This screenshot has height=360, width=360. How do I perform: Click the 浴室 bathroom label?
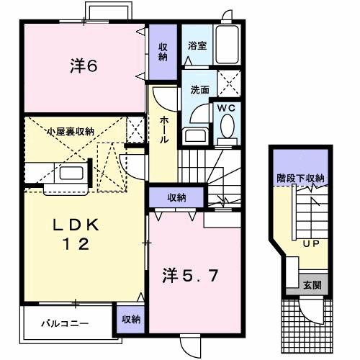coord(197,45)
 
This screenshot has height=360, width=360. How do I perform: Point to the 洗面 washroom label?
coord(199,90)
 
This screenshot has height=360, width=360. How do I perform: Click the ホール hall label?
coord(164,130)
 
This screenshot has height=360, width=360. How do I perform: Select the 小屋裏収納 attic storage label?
coord(70,131)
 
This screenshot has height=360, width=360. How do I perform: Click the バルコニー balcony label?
coord(64,323)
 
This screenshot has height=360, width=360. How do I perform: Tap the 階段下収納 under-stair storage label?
coord(300,178)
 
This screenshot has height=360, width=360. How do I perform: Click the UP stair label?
coord(310,243)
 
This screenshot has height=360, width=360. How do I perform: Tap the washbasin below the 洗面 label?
coord(195,135)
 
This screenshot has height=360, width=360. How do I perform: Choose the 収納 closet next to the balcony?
coord(130,318)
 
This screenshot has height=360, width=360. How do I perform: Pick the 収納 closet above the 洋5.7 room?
coord(178,197)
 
